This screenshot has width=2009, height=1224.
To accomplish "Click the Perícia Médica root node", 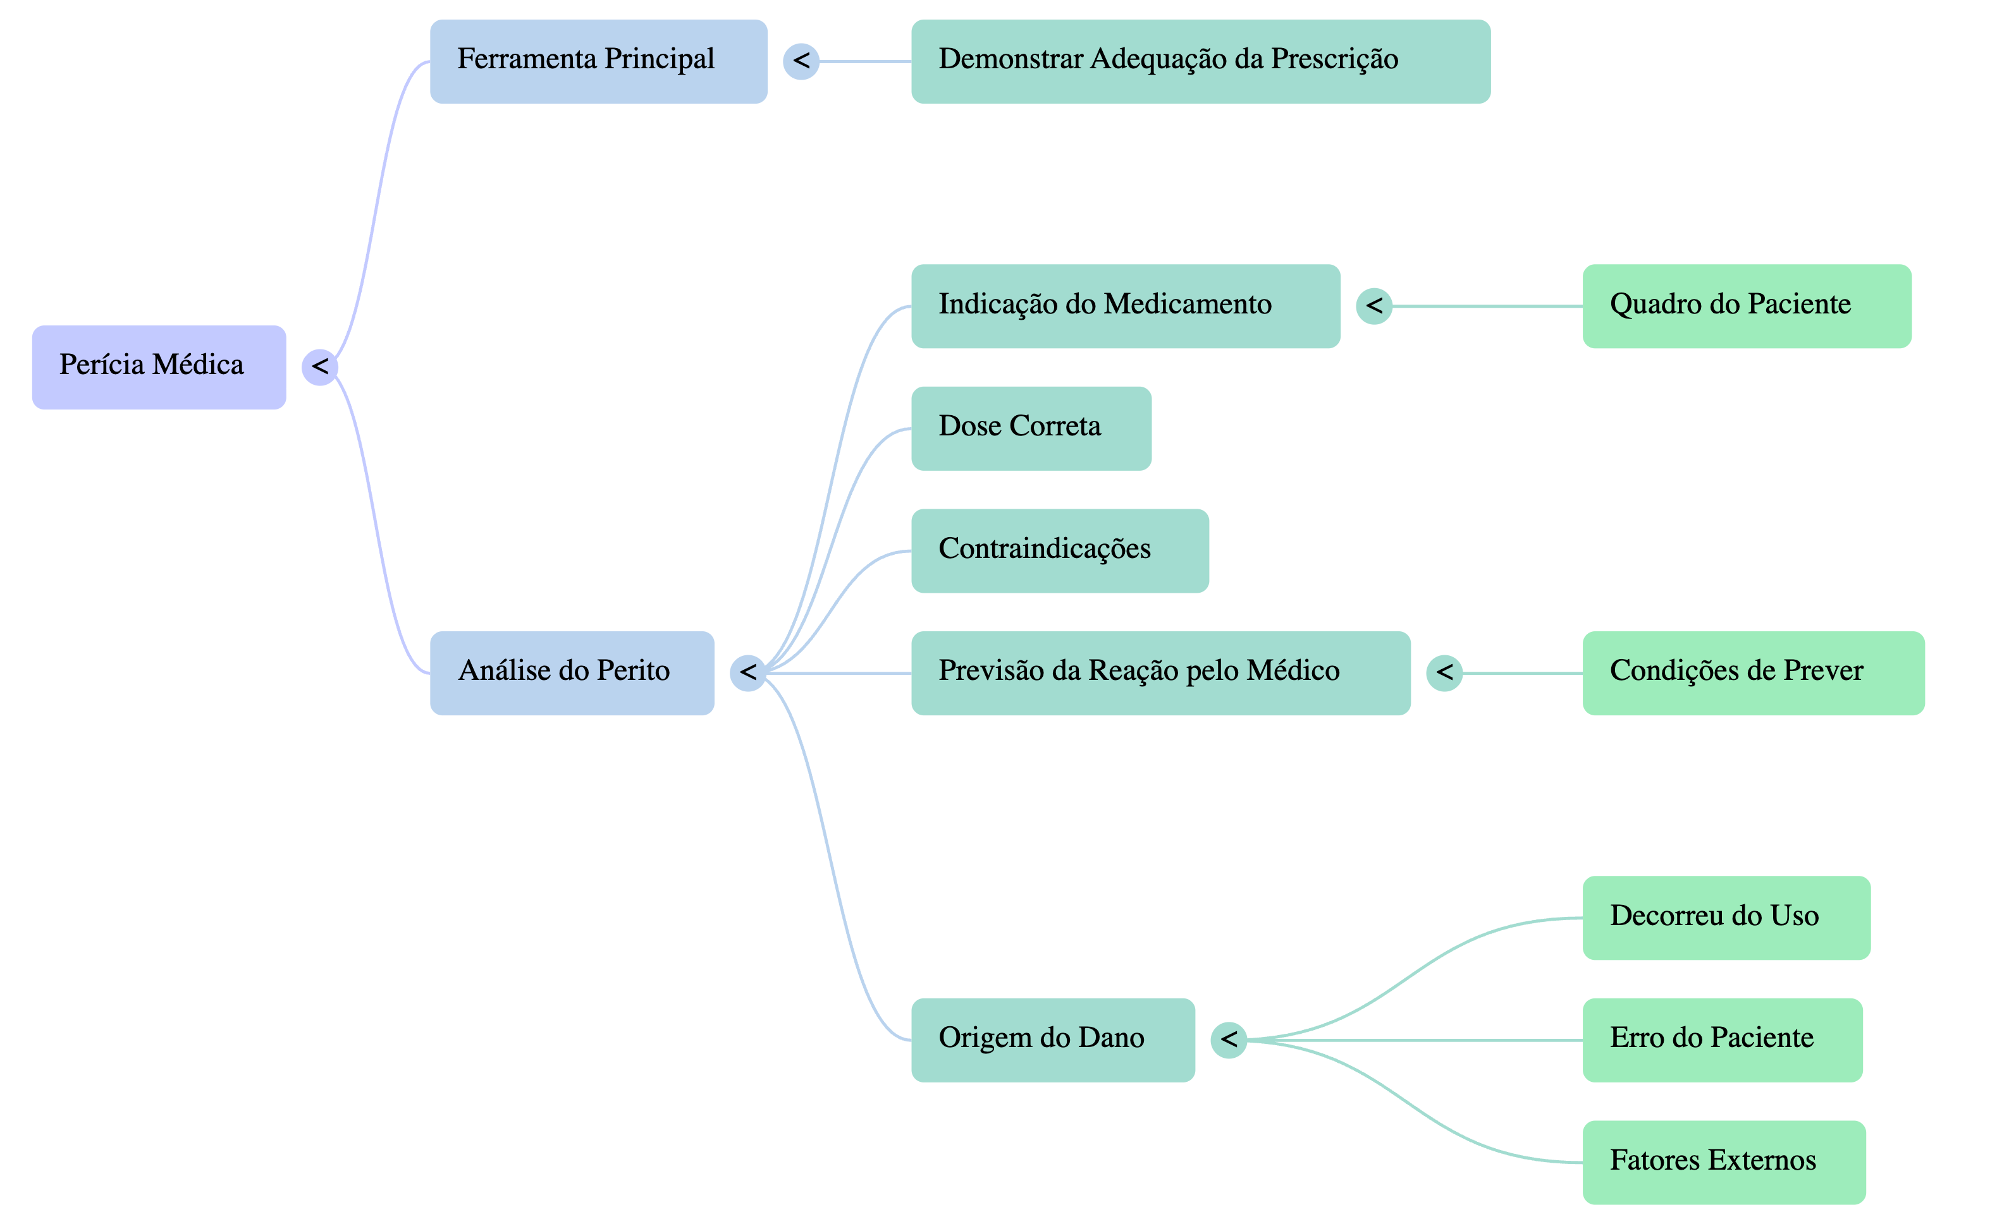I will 159,367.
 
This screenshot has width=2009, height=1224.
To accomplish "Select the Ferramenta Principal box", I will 598,61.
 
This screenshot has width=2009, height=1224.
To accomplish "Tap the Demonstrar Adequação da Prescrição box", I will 1200,61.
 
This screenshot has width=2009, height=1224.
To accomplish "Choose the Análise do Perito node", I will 572,673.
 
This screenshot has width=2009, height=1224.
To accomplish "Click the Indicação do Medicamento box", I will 1125,306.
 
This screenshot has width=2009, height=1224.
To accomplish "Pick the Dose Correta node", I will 1031,428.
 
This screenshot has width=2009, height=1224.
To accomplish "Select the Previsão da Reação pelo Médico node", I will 1160,673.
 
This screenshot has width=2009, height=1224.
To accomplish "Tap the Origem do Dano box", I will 1053,1040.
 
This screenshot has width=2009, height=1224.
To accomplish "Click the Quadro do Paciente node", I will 1747,306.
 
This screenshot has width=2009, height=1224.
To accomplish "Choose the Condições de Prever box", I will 1753,673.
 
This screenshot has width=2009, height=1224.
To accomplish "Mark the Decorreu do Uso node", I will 1726,918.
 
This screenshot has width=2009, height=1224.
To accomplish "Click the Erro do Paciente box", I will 1722,1040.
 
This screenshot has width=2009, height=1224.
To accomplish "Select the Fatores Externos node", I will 1724,1162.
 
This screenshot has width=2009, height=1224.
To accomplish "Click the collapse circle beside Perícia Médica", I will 319,367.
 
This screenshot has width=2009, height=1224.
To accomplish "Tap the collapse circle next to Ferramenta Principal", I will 801,61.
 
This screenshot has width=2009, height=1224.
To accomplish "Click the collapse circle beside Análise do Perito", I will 747,673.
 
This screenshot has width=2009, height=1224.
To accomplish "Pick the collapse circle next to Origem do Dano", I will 1229,1040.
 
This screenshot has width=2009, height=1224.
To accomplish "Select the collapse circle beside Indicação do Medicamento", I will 1374,306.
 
